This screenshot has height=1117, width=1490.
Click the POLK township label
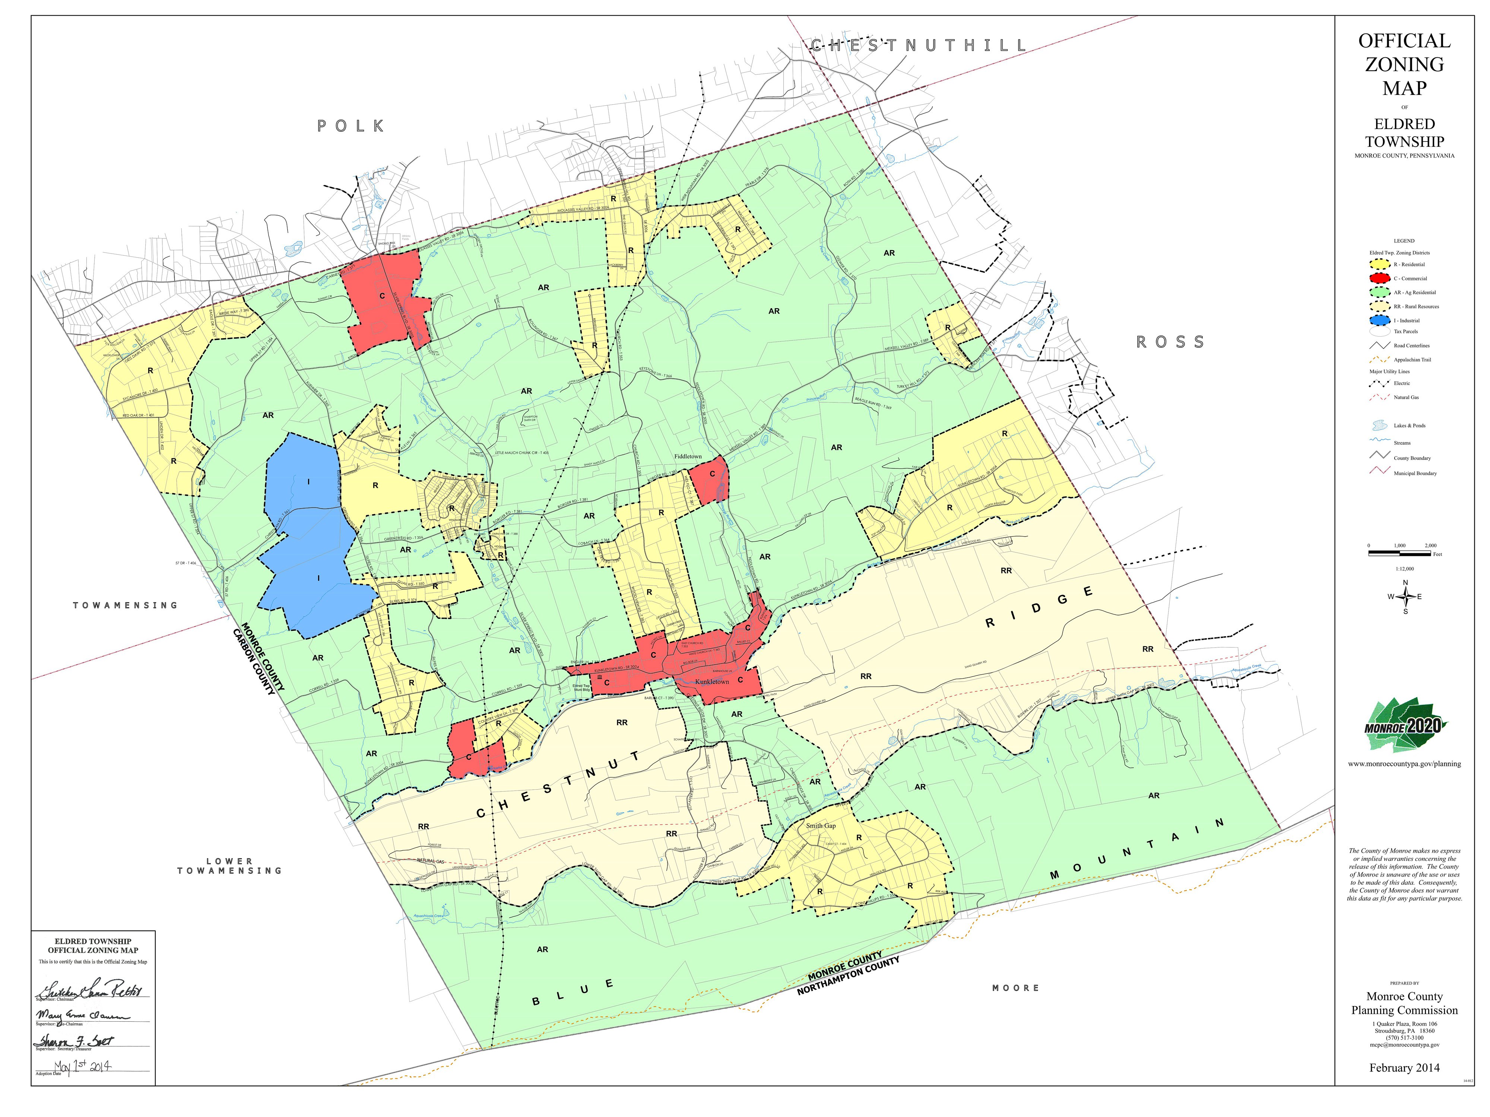click(351, 126)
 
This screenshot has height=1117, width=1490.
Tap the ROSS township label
click(1170, 342)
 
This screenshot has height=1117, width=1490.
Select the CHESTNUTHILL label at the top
click(918, 46)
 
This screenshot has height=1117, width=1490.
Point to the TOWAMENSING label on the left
click(125, 605)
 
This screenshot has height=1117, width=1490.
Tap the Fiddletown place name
click(688, 456)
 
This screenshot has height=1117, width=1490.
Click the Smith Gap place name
click(821, 825)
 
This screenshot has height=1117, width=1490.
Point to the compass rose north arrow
click(1405, 584)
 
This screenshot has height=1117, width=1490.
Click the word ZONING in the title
click(1404, 65)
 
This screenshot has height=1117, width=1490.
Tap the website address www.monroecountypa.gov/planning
click(1404, 764)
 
